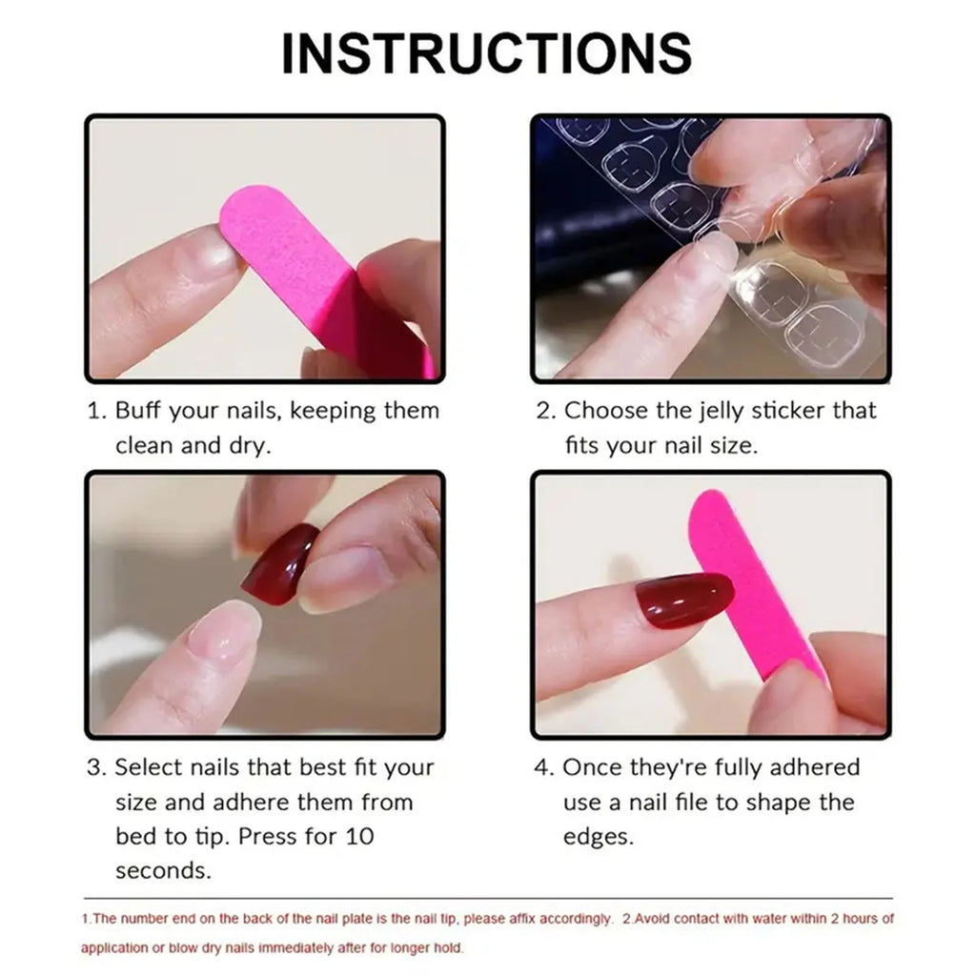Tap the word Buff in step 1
pyautogui.click(x=137, y=412)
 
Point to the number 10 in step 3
pyautogui.click(x=357, y=837)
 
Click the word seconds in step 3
pyautogui.click(x=163, y=871)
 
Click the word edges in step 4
pyautogui.click(x=598, y=837)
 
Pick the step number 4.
pyautogui.click(x=541, y=768)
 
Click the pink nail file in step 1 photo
pyautogui.click(x=315, y=276)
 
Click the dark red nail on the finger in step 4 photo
pyautogui.click(x=683, y=600)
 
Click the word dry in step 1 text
pyautogui.click(x=252, y=446)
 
